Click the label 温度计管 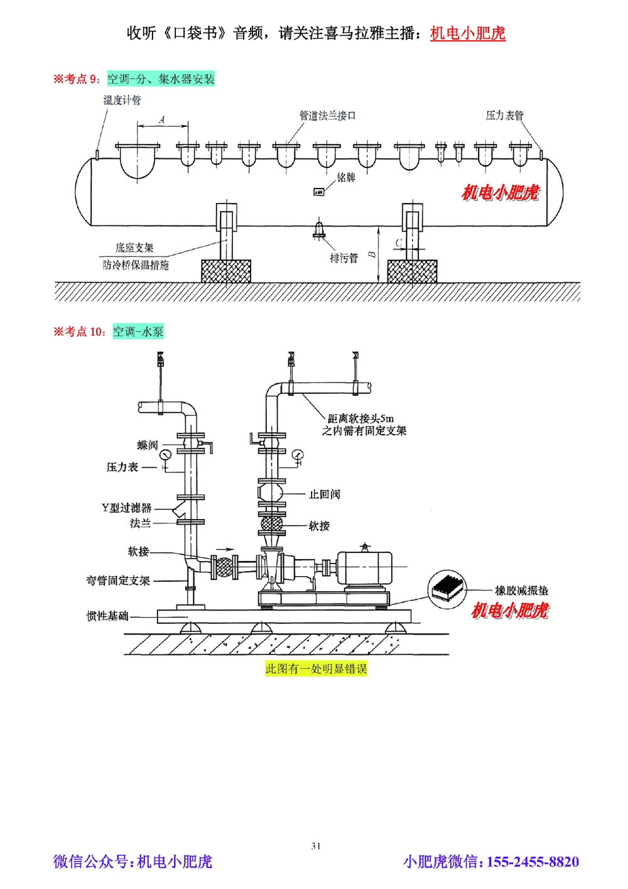coord(122,100)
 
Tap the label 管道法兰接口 coord(327,116)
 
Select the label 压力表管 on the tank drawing coord(504,116)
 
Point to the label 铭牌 coord(346,178)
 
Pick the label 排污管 coord(344,258)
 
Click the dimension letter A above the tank coord(162,119)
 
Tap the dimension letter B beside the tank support coord(372,254)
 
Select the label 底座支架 coord(134,248)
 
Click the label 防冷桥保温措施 coord(136,265)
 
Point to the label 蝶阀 coord(148,445)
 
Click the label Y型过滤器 coord(126,508)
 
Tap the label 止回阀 coord(324,494)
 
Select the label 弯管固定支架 coord(118,581)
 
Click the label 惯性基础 coord(107,616)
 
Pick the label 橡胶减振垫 coord(521,591)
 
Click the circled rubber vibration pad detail coord(448,589)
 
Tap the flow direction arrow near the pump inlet coord(224,547)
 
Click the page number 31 coord(316,846)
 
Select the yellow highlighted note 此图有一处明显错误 coord(316,668)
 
